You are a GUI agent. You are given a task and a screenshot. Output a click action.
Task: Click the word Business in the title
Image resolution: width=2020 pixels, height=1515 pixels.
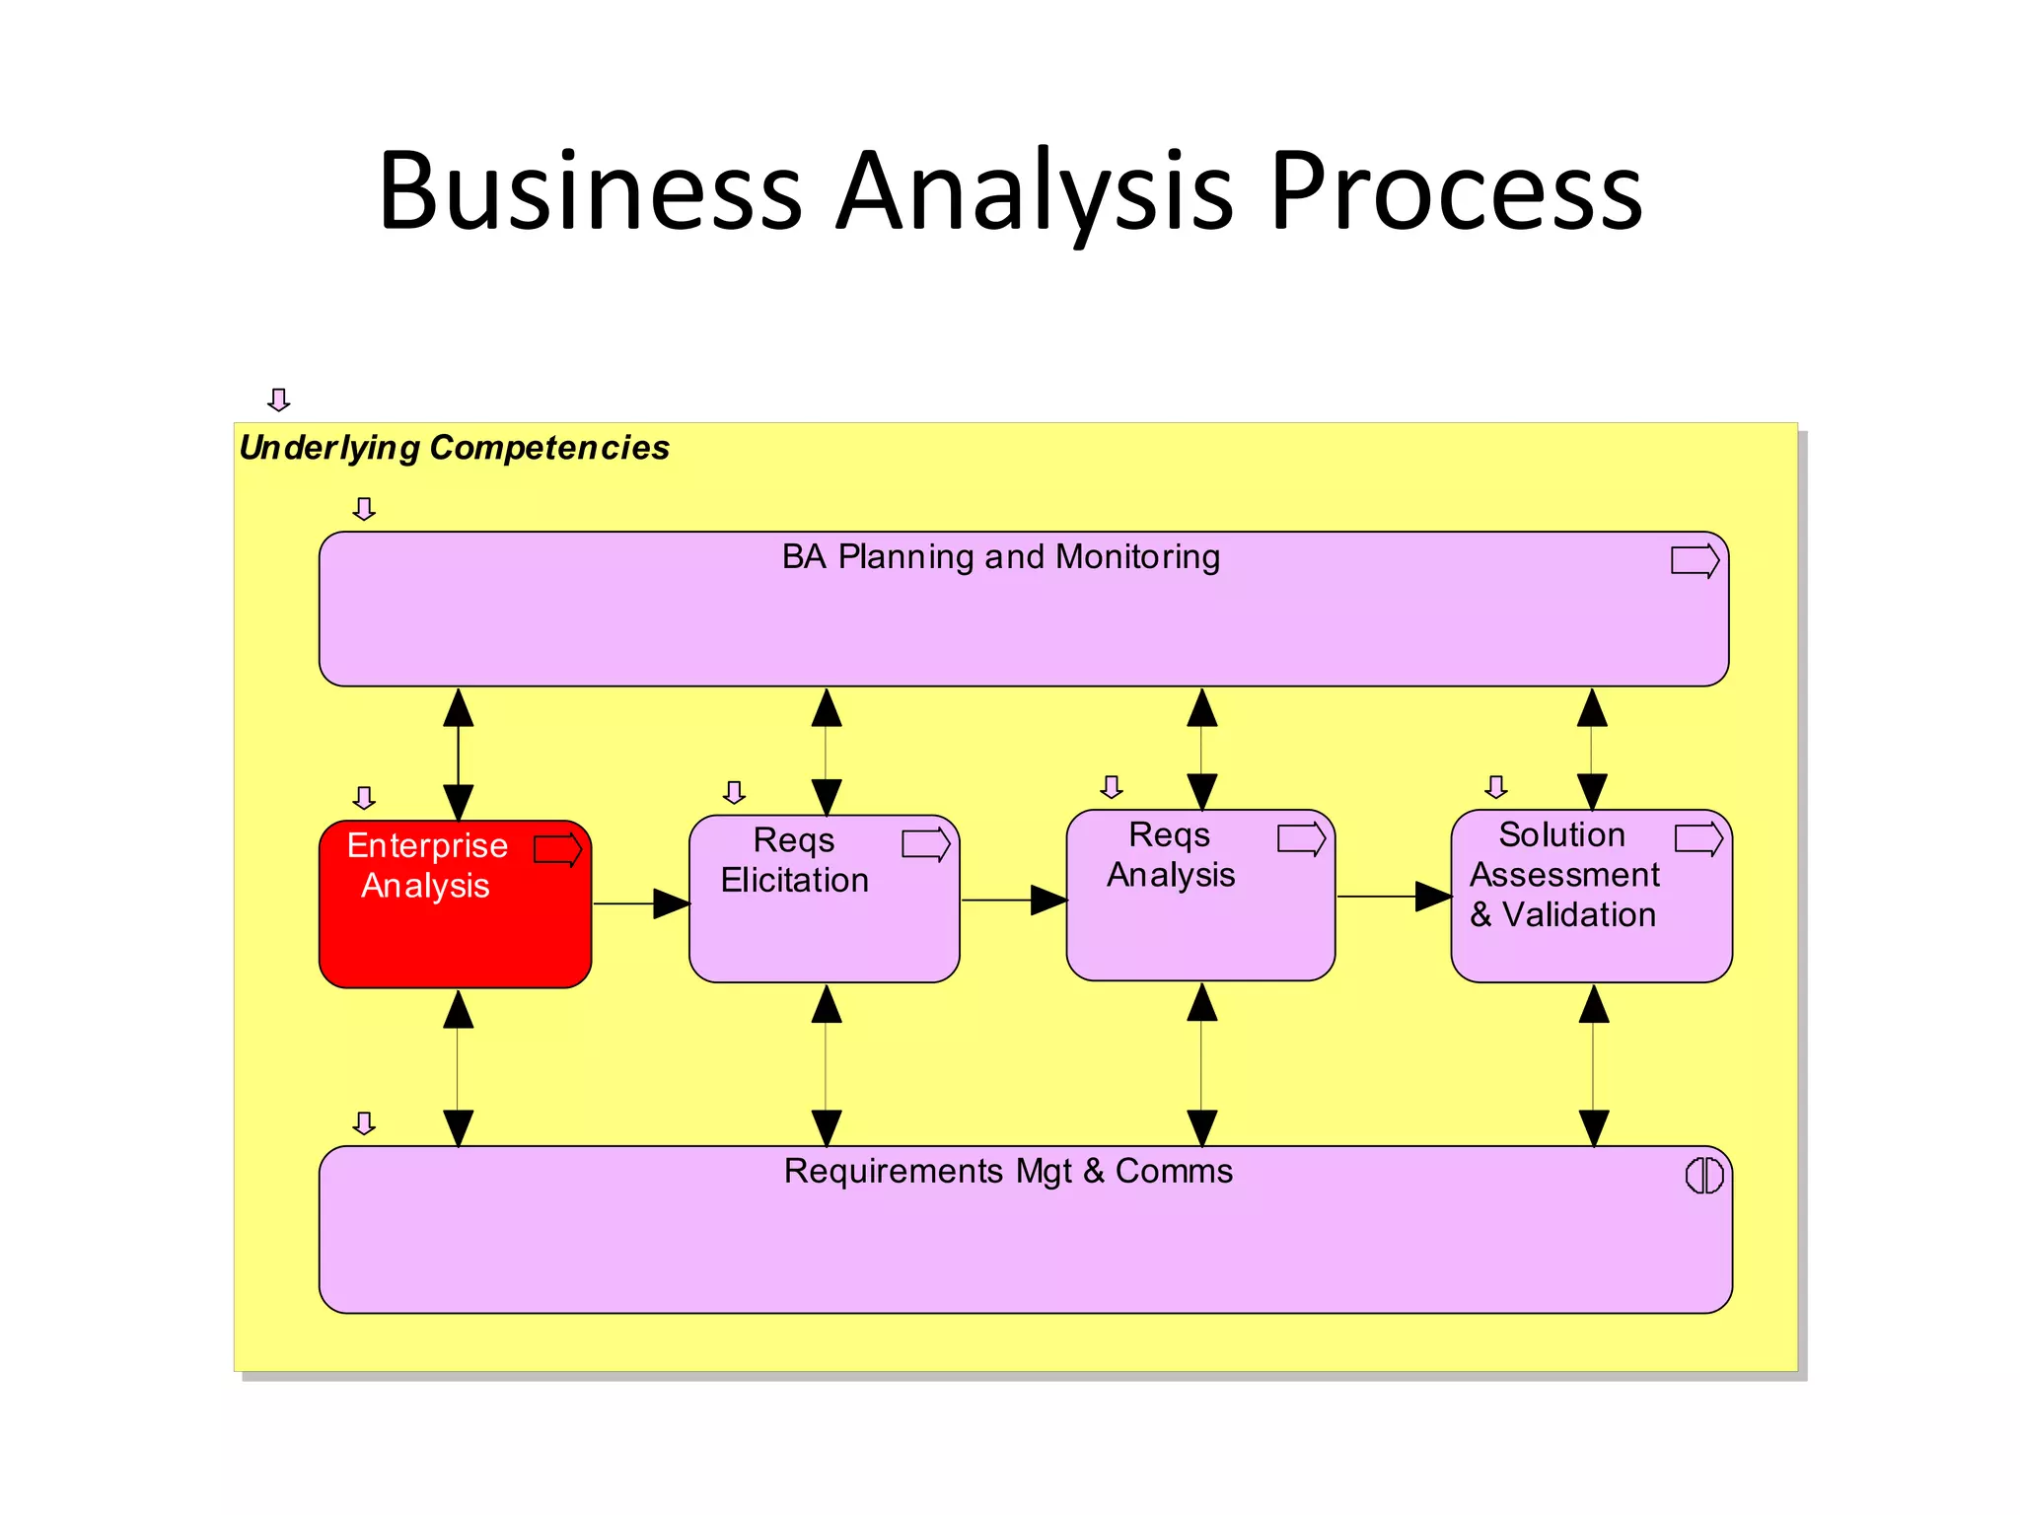tap(590, 191)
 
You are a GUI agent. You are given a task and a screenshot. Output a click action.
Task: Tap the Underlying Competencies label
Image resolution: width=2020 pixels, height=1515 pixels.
tap(454, 448)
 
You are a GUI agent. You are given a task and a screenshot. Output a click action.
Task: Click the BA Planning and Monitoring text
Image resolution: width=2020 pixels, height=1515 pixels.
tap(1000, 557)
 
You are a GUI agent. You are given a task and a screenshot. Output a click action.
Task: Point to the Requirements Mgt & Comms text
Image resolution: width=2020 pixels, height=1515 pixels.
tap(1007, 1172)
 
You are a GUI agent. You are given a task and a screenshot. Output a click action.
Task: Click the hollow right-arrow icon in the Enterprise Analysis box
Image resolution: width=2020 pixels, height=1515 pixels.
tap(558, 849)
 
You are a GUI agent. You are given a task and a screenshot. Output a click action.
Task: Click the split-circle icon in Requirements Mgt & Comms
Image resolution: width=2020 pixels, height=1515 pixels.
tap(1703, 1176)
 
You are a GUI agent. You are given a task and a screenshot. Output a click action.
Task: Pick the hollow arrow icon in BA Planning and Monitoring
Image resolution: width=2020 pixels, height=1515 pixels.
tap(1695, 561)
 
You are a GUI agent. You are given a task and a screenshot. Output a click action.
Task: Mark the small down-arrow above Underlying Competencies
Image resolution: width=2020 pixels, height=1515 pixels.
tap(279, 399)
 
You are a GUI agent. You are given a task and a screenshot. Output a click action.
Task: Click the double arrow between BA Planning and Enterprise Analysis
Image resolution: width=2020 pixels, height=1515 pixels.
tap(458, 755)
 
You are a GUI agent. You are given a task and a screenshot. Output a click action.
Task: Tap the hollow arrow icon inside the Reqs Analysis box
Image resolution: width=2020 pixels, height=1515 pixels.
tap(1301, 839)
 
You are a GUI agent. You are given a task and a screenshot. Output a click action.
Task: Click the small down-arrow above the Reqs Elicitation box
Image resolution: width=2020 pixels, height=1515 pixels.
tap(734, 792)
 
